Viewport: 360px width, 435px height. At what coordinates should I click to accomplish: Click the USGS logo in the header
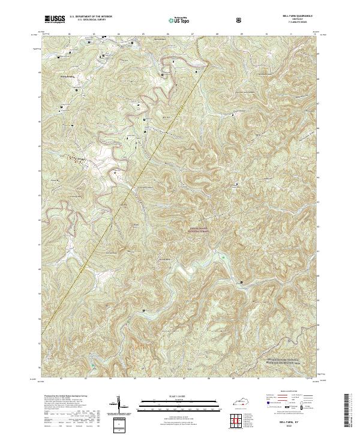coord(55,19)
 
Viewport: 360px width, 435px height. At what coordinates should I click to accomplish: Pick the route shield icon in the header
coord(240,20)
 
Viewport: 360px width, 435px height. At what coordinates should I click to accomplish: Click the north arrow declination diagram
coord(119,406)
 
